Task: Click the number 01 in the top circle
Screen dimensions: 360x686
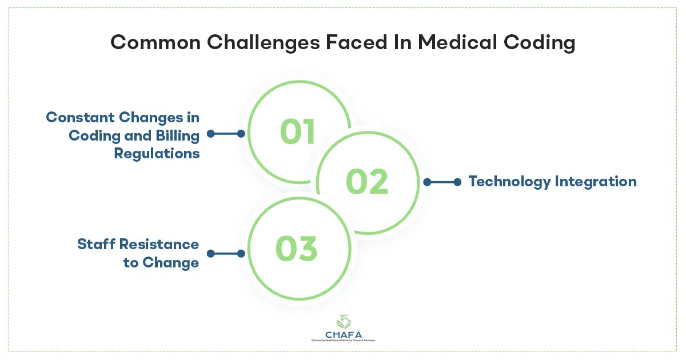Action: (x=297, y=132)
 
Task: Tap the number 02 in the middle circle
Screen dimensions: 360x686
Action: (x=367, y=182)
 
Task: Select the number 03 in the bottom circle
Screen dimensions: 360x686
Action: (x=296, y=249)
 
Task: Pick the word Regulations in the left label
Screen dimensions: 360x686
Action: (x=157, y=153)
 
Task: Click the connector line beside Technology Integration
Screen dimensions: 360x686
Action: (x=442, y=182)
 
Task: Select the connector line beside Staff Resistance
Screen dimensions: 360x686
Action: (x=226, y=253)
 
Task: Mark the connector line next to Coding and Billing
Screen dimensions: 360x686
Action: (x=226, y=134)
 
